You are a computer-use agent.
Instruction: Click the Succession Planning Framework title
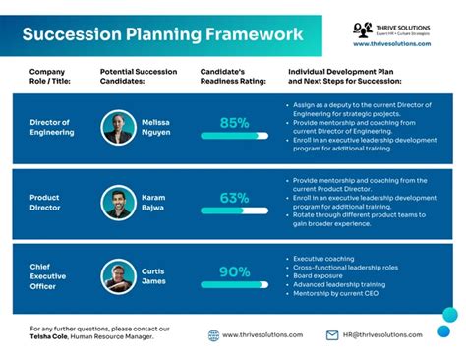tap(162, 35)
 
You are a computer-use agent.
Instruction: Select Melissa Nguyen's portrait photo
tap(119, 127)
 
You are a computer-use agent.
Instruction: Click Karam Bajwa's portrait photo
tap(119, 203)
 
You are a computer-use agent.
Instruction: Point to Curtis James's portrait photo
tap(119, 276)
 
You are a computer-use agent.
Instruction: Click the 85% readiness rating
tap(234, 123)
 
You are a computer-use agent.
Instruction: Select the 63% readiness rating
tap(234, 198)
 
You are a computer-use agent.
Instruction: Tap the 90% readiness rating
tap(234, 272)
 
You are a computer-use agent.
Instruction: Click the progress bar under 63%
tap(234, 210)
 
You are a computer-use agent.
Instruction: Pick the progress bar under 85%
tap(234, 135)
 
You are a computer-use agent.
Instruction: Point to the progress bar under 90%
tap(234, 284)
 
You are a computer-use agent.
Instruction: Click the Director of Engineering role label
tap(52, 127)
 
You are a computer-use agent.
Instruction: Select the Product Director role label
tap(45, 203)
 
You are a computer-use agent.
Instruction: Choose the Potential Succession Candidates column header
tap(139, 78)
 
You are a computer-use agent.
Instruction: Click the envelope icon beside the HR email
tap(332, 335)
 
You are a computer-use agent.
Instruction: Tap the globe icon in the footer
tap(213, 335)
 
